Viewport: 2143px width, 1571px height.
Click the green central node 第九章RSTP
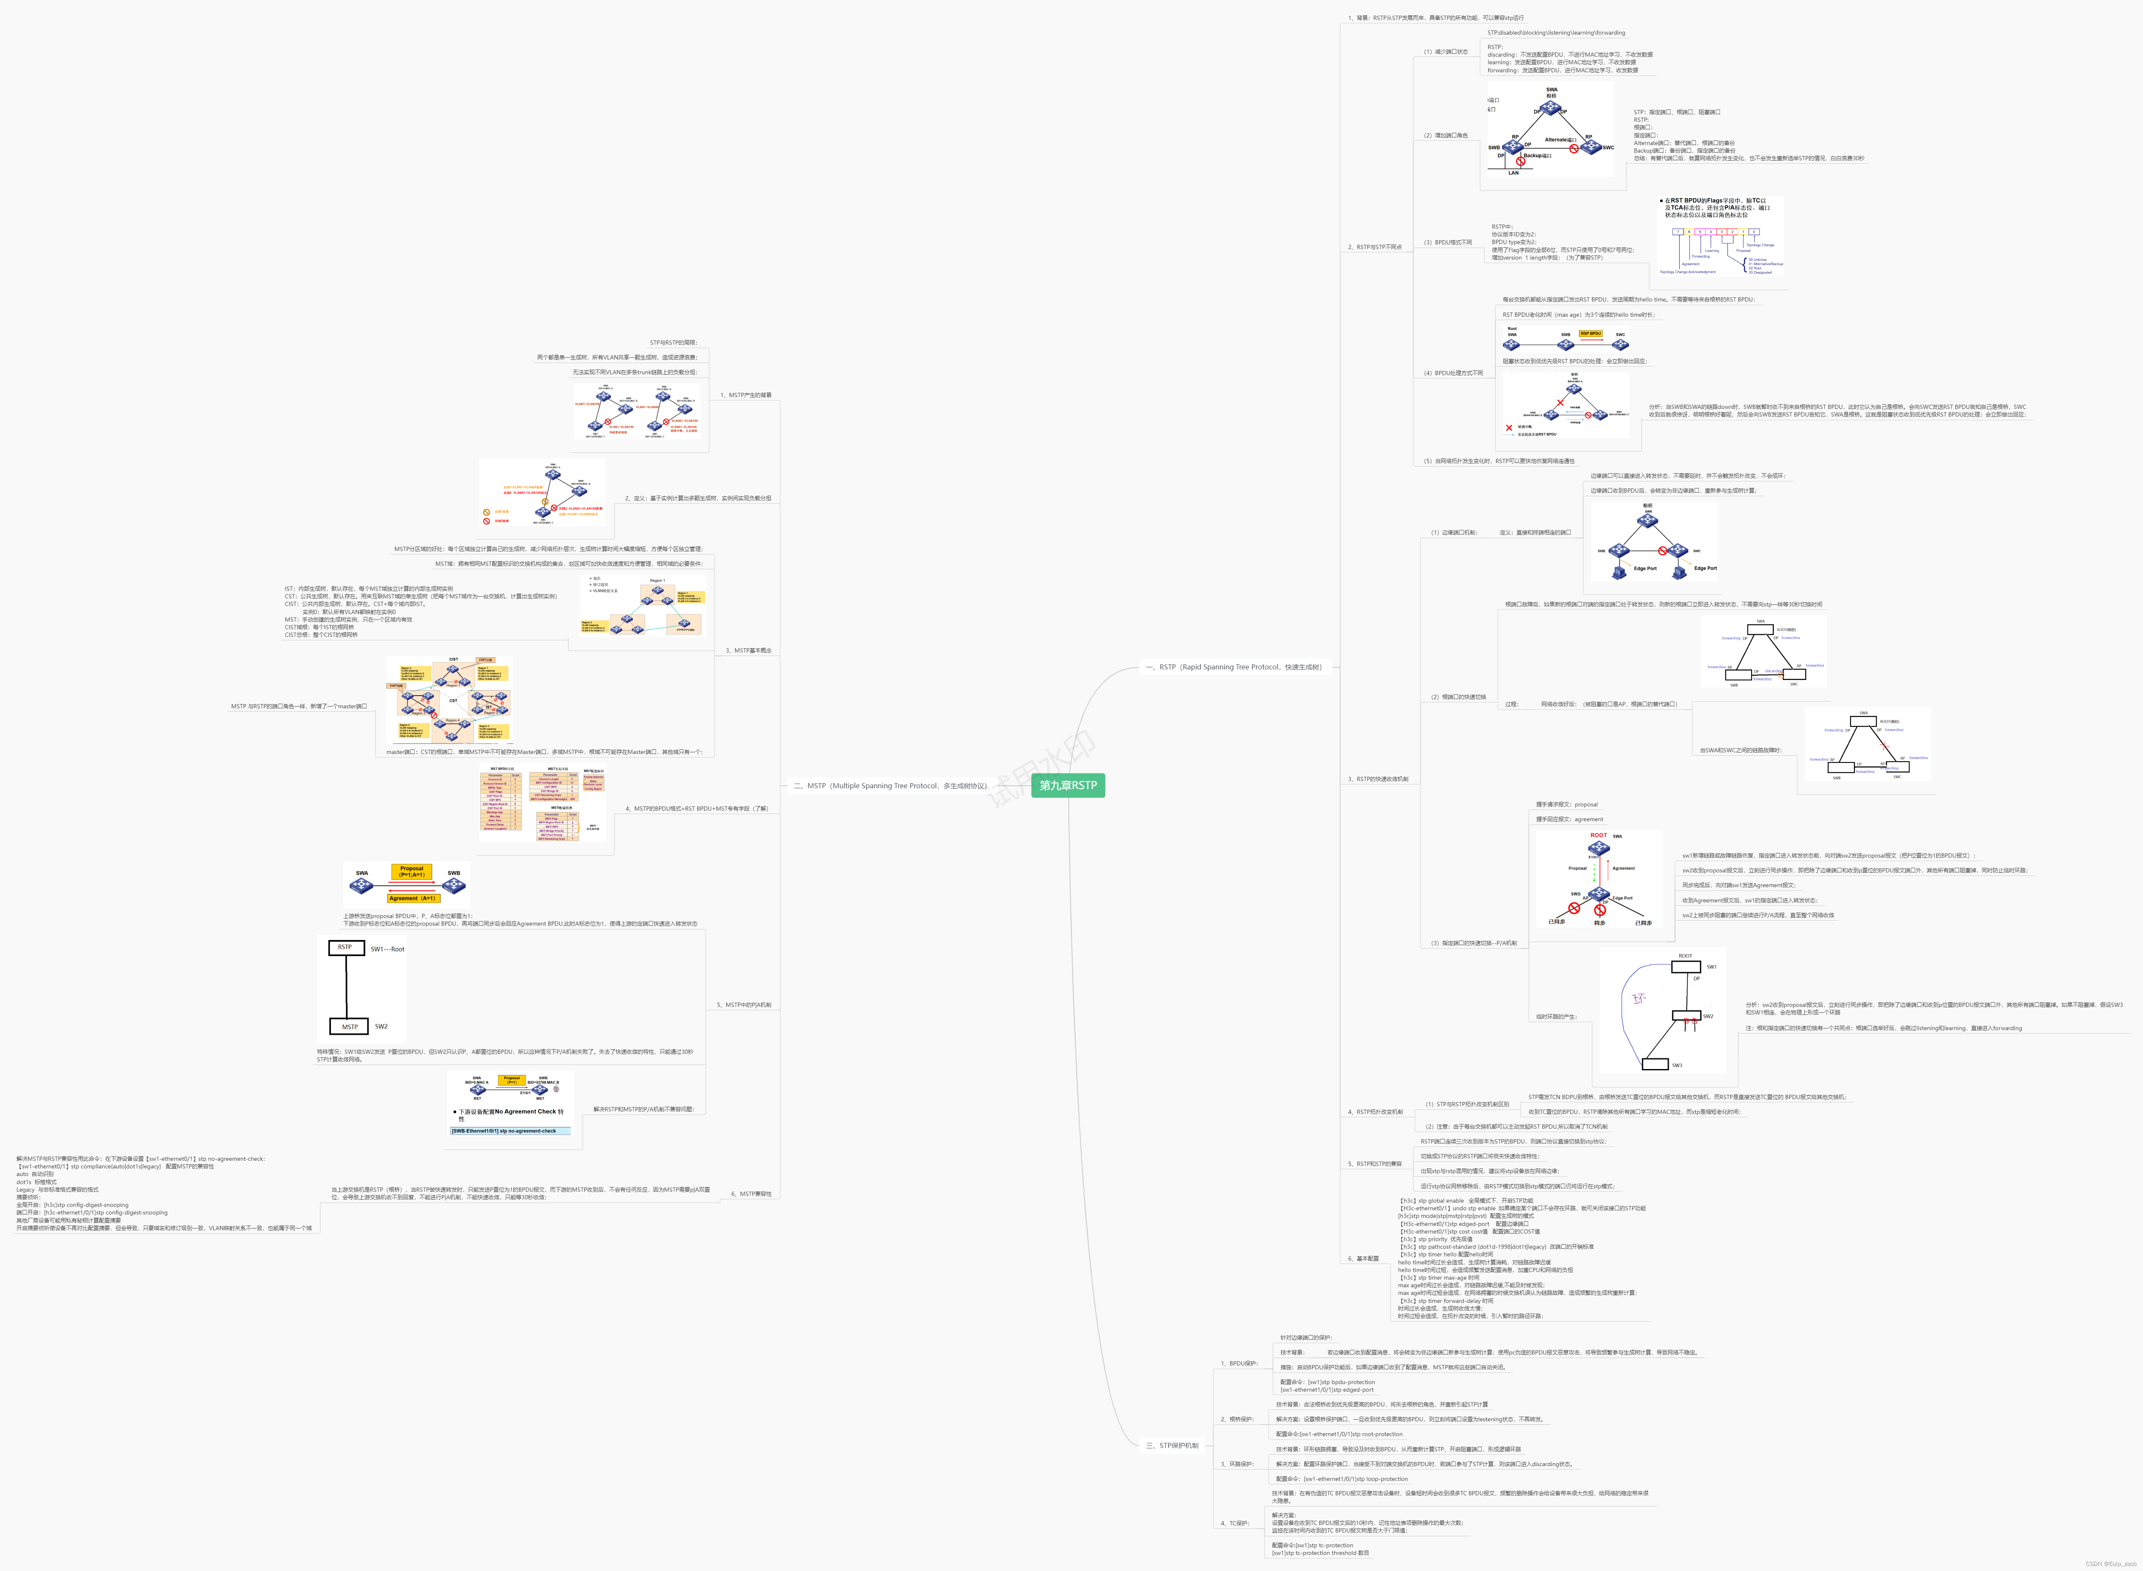pos(1068,786)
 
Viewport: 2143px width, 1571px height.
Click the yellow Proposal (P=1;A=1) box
pos(412,871)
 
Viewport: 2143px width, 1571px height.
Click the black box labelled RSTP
pos(345,947)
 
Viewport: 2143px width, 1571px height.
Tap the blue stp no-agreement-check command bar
pos(511,1131)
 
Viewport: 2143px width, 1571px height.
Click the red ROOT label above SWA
pos(1598,835)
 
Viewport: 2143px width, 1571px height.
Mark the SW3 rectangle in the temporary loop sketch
pos(1655,1064)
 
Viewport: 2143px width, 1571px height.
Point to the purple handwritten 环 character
pos(1638,998)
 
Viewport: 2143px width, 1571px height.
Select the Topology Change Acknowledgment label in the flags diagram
pos(1688,272)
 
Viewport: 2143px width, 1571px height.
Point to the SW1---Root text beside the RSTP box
pos(387,949)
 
